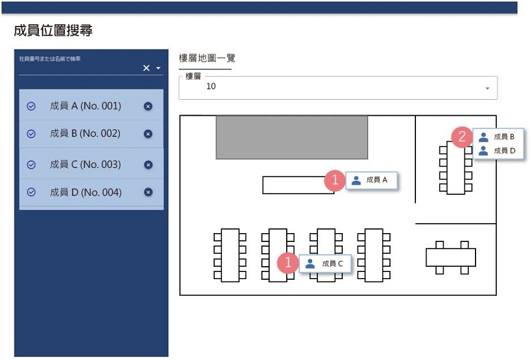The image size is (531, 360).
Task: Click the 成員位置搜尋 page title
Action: pos(53,31)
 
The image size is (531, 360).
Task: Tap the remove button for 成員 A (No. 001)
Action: pos(148,106)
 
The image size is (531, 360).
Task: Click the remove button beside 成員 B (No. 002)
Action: pos(148,134)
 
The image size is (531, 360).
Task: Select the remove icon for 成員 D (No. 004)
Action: pos(148,192)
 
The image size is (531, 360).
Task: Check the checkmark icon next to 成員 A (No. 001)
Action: pos(31,106)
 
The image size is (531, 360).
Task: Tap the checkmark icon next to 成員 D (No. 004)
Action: pos(31,192)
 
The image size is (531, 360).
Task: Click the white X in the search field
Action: pos(146,68)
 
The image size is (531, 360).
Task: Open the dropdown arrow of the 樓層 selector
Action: pos(487,88)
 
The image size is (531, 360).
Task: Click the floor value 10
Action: pos(211,86)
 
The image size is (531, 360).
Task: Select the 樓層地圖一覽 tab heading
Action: pos(207,58)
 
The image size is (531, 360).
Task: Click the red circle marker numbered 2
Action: pos(462,137)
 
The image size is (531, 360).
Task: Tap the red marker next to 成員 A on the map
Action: pos(335,179)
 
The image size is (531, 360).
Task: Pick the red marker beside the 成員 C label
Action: pos(288,262)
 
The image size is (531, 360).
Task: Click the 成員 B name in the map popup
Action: pos(504,137)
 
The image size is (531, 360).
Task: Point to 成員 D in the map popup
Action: pos(504,150)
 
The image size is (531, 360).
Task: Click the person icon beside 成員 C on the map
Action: pos(310,263)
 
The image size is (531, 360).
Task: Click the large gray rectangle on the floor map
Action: pos(292,137)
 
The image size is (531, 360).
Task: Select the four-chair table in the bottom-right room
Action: pos(451,257)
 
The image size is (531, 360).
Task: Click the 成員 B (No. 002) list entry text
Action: pos(85,133)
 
